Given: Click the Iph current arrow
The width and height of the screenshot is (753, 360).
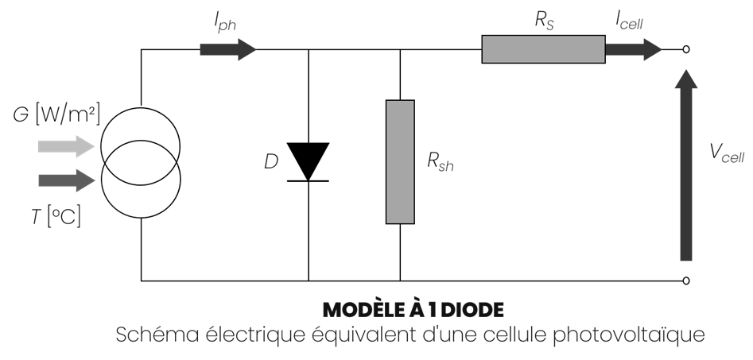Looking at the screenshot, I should (227, 49).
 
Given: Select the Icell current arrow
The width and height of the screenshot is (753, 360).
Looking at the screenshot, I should (633, 49).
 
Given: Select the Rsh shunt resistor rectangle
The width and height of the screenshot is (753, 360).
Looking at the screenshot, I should (400, 162).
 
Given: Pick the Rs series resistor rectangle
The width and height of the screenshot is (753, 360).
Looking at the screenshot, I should (543, 49).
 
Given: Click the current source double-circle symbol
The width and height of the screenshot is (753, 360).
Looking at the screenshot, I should (141, 163).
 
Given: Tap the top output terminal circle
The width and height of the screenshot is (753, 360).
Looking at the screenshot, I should (686, 49).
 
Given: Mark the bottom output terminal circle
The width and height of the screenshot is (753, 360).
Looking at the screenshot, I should (686, 281).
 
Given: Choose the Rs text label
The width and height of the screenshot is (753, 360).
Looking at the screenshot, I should (544, 21).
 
